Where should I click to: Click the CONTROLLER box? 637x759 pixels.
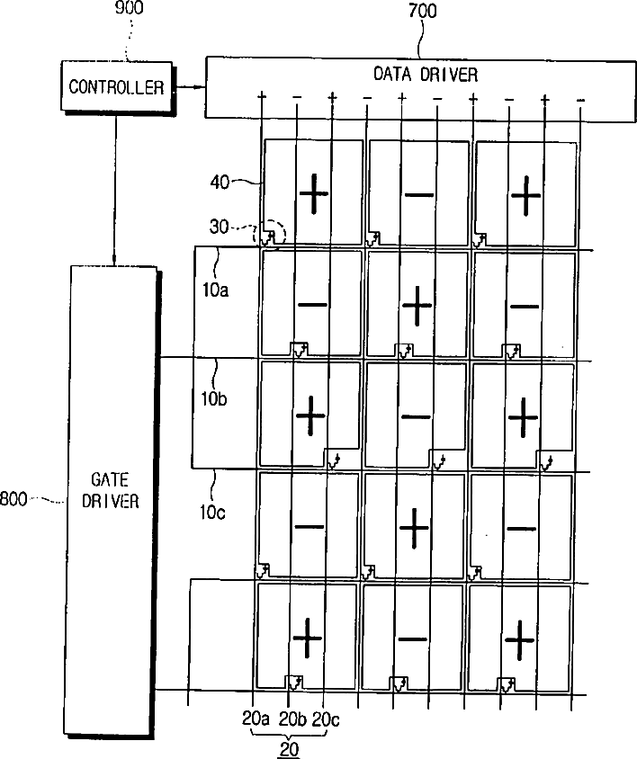(x=117, y=87)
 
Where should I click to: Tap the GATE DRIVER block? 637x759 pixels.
(x=113, y=490)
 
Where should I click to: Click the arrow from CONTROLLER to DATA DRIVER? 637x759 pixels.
(x=190, y=87)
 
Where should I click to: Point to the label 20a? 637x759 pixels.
(x=256, y=719)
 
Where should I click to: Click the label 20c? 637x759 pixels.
(x=323, y=719)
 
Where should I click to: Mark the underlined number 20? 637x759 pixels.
(x=290, y=748)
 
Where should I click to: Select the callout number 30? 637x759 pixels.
(x=219, y=228)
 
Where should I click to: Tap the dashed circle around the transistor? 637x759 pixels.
(x=273, y=234)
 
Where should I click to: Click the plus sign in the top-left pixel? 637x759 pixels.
(x=313, y=194)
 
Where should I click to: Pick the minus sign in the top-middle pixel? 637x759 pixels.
(x=418, y=195)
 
